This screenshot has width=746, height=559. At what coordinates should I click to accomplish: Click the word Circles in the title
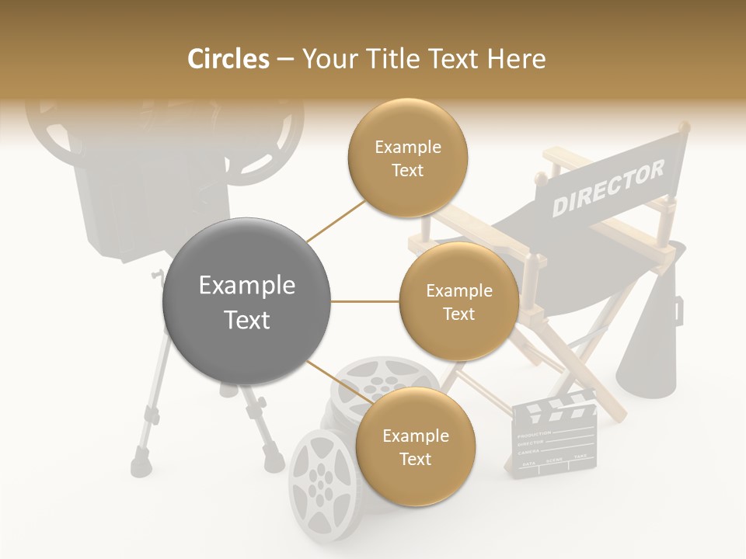point(228,59)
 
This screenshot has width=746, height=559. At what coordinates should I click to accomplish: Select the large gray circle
point(247,302)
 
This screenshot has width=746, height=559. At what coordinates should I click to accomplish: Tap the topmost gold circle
point(407,158)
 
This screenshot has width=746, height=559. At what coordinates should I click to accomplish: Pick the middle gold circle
point(458,301)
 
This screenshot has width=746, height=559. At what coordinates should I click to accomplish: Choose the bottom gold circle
point(415,446)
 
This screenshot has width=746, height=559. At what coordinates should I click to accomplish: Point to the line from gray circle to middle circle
point(365,302)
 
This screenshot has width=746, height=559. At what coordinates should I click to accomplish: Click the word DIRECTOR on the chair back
point(608,189)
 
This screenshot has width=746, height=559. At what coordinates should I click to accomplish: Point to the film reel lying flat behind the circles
point(379,379)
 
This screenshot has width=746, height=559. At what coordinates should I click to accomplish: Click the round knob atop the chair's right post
point(683,126)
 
